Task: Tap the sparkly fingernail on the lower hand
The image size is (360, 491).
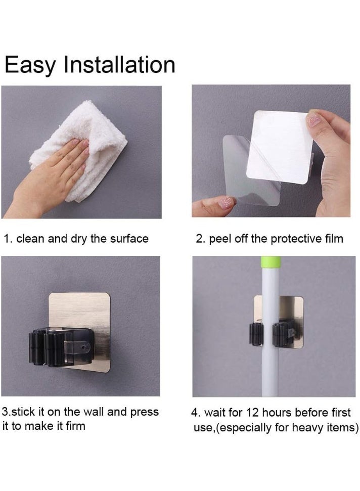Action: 226,203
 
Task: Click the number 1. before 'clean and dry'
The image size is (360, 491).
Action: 8,239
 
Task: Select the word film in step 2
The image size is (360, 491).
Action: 333,239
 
